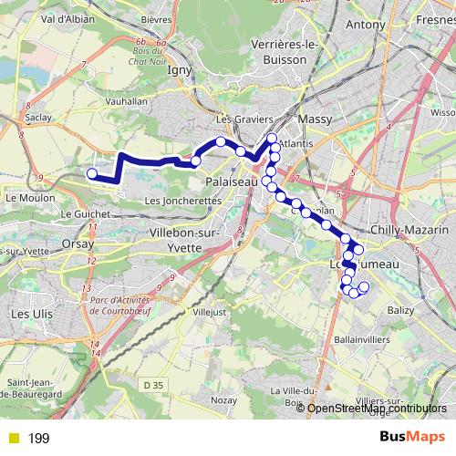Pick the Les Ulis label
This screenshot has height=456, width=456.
tap(30, 313)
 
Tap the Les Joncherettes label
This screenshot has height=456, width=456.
tap(183, 201)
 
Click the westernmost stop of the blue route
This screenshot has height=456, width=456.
tap(91, 173)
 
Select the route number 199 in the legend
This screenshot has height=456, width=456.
tap(38, 439)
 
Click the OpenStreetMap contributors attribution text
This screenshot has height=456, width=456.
tap(376, 408)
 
